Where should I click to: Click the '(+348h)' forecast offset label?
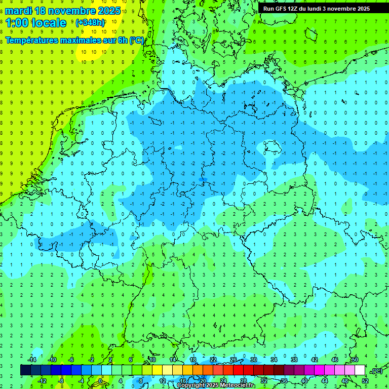90,23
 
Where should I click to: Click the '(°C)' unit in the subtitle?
137,40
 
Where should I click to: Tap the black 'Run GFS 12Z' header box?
316,9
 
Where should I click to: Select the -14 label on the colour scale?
32,360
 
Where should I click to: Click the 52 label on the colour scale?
365,380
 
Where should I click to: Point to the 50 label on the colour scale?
355,360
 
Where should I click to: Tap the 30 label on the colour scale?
253,360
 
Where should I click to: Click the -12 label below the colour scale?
42,380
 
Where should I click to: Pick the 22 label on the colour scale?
213,360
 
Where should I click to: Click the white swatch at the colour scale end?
360,370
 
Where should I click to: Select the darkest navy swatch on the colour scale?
25,370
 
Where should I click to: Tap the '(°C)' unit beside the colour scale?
376,371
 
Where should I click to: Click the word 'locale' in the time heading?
48,23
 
